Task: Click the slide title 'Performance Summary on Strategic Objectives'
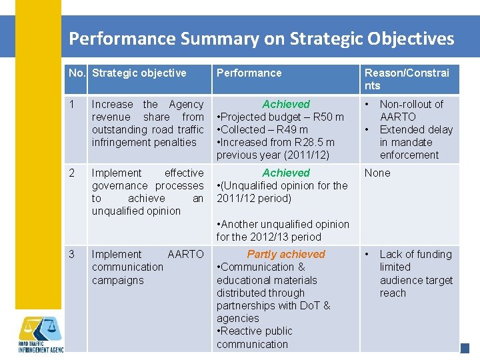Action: [261, 38]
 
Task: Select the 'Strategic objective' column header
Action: [139, 73]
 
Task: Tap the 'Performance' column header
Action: [249, 73]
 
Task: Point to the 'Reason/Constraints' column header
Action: [407, 79]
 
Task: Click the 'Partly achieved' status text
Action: [286, 254]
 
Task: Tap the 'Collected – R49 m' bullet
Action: [263, 129]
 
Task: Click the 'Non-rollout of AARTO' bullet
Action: [411, 110]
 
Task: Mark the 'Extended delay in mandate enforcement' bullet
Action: [415, 142]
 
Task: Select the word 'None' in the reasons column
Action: [377, 173]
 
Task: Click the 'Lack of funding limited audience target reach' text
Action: [415, 273]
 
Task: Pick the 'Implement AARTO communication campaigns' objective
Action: [147, 267]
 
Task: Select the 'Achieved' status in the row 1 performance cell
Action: [286, 104]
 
